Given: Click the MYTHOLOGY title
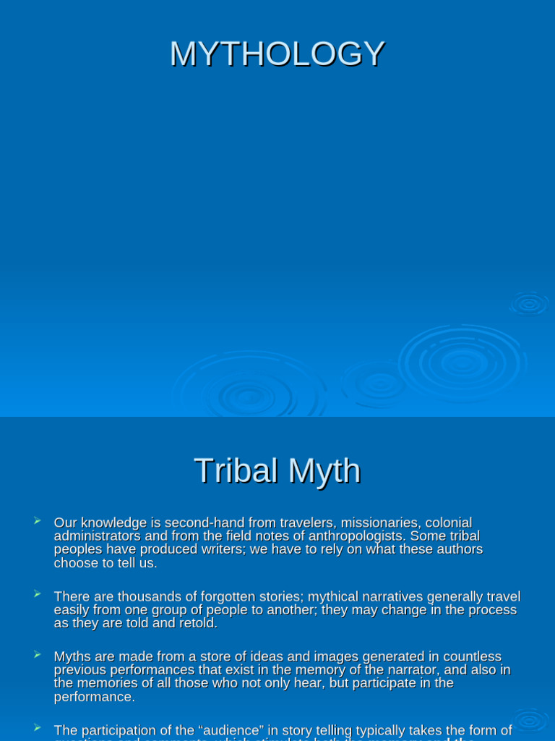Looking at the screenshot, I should coord(277,54).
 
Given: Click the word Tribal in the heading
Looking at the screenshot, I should coord(236,471).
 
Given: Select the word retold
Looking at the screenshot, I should coord(197,624).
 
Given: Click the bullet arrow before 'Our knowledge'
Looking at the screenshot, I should coord(37,521).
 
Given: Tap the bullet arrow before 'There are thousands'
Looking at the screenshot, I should coord(37,595).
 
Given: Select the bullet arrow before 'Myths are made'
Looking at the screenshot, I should coord(37,655).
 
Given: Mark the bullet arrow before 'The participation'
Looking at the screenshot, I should coord(37,728).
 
